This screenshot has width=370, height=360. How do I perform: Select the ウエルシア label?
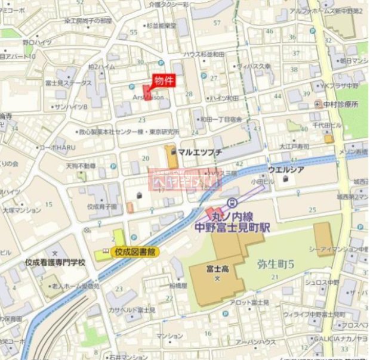point(287,169)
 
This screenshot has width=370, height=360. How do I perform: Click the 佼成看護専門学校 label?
point(55,262)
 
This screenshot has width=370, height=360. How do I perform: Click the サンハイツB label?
point(70,107)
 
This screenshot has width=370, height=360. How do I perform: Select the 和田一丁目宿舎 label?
point(221,120)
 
